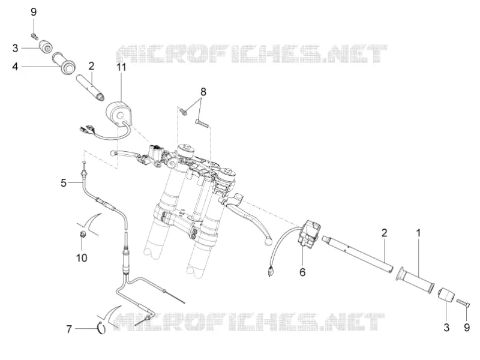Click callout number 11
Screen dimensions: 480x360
point(122,67)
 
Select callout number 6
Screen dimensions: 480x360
point(302,272)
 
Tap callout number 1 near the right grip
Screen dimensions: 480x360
point(418,233)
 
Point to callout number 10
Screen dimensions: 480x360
point(82,258)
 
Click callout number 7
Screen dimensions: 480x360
point(69,329)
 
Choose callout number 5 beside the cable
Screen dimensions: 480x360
point(64,183)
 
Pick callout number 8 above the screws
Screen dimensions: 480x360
point(203,92)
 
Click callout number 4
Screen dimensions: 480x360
point(16,66)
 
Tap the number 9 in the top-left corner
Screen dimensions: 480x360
point(34,12)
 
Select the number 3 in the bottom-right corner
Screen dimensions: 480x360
point(446,327)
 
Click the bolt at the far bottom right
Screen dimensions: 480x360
point(463,302)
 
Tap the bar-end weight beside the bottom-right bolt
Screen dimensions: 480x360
point(445,295)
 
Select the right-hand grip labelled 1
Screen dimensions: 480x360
point(415,280)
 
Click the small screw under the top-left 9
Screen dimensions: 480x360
point(35,37)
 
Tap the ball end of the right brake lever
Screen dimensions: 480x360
point(268,241)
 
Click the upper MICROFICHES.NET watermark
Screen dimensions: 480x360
point(251,54)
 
